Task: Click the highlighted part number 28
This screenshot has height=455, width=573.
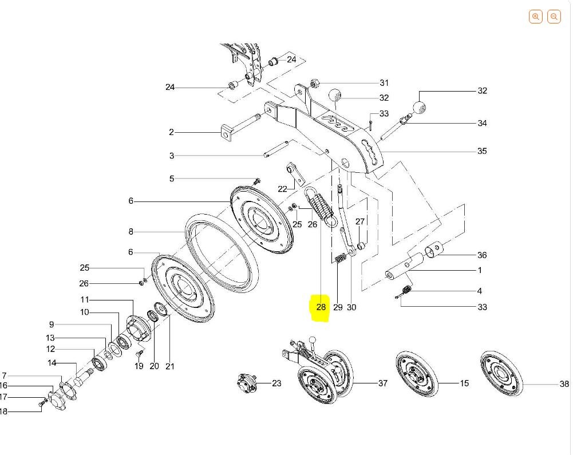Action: coord(321,307)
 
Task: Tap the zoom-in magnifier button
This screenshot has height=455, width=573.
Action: coord(535,17)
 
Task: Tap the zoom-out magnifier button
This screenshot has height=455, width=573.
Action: coord(554,17)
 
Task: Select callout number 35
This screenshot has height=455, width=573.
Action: coord(482,151)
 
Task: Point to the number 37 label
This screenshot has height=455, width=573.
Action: coord(382,383)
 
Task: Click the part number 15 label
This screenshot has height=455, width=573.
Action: coord(464,383)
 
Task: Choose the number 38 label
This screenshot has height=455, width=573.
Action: coord(564,383)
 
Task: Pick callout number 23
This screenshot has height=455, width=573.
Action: coord(276,383)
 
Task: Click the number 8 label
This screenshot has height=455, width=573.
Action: coord(131,231)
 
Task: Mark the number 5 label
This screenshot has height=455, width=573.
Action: coord(172,179)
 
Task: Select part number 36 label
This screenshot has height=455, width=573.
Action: coord(482,255)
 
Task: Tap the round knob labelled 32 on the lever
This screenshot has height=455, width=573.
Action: coord(419,108)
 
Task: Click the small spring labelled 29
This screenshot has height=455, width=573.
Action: coord(340,258)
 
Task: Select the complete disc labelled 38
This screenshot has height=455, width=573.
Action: coord(501,374)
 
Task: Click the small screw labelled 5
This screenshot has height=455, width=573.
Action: coord(257,181)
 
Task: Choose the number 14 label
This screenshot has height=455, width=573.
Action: coord(52,363)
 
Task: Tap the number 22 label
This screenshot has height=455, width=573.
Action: coord(282,189)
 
